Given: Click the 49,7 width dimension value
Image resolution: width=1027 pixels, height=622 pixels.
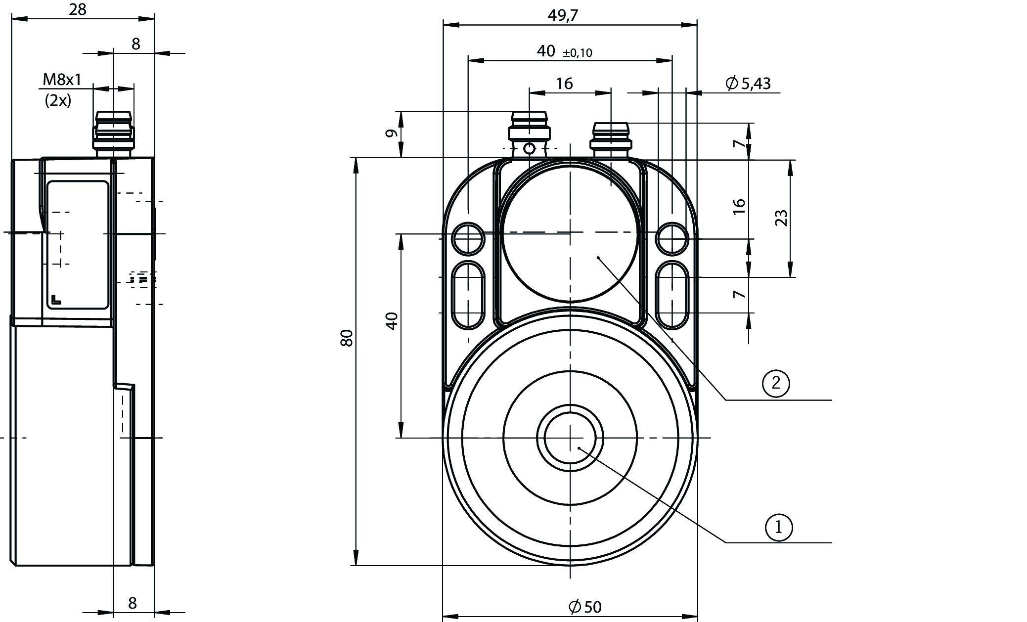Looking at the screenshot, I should tap(562, 15).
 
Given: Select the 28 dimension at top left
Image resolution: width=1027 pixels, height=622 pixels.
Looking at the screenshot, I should tap(78, 9).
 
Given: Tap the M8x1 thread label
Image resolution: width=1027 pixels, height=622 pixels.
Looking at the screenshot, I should tap(62, 79).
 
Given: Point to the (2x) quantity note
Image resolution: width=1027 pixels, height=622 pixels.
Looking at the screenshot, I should tap(58, 100).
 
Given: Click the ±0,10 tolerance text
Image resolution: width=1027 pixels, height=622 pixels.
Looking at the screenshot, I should tap(577, 53).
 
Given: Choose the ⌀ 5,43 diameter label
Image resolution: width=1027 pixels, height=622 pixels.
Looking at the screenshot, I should tap(748, 84).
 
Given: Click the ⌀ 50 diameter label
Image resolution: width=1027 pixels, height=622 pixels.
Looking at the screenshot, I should tap(585, 606).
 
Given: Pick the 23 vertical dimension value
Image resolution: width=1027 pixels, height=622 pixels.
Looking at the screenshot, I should tap(781, 218).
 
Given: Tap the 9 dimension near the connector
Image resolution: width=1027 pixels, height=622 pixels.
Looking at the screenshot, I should tap(391, 133).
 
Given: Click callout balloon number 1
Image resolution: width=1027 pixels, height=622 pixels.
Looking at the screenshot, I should tap(779, 527).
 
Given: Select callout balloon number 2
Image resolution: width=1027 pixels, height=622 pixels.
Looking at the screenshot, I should tap(776, 383).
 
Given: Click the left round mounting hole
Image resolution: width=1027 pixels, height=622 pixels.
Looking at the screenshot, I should tap(468, 239).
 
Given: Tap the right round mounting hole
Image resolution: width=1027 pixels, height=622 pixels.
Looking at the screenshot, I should tap(672, 239).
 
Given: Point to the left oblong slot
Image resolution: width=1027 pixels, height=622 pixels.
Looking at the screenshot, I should tap(468, 295).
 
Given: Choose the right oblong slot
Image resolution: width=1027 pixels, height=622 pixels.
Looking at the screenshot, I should tap(672, 295).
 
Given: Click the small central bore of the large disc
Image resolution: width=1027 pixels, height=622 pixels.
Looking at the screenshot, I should tap(570, 438).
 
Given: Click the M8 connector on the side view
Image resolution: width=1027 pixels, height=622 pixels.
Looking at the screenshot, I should tap(113, 133).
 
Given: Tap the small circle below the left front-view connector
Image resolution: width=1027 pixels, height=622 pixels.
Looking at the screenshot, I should tap(530, 148).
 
